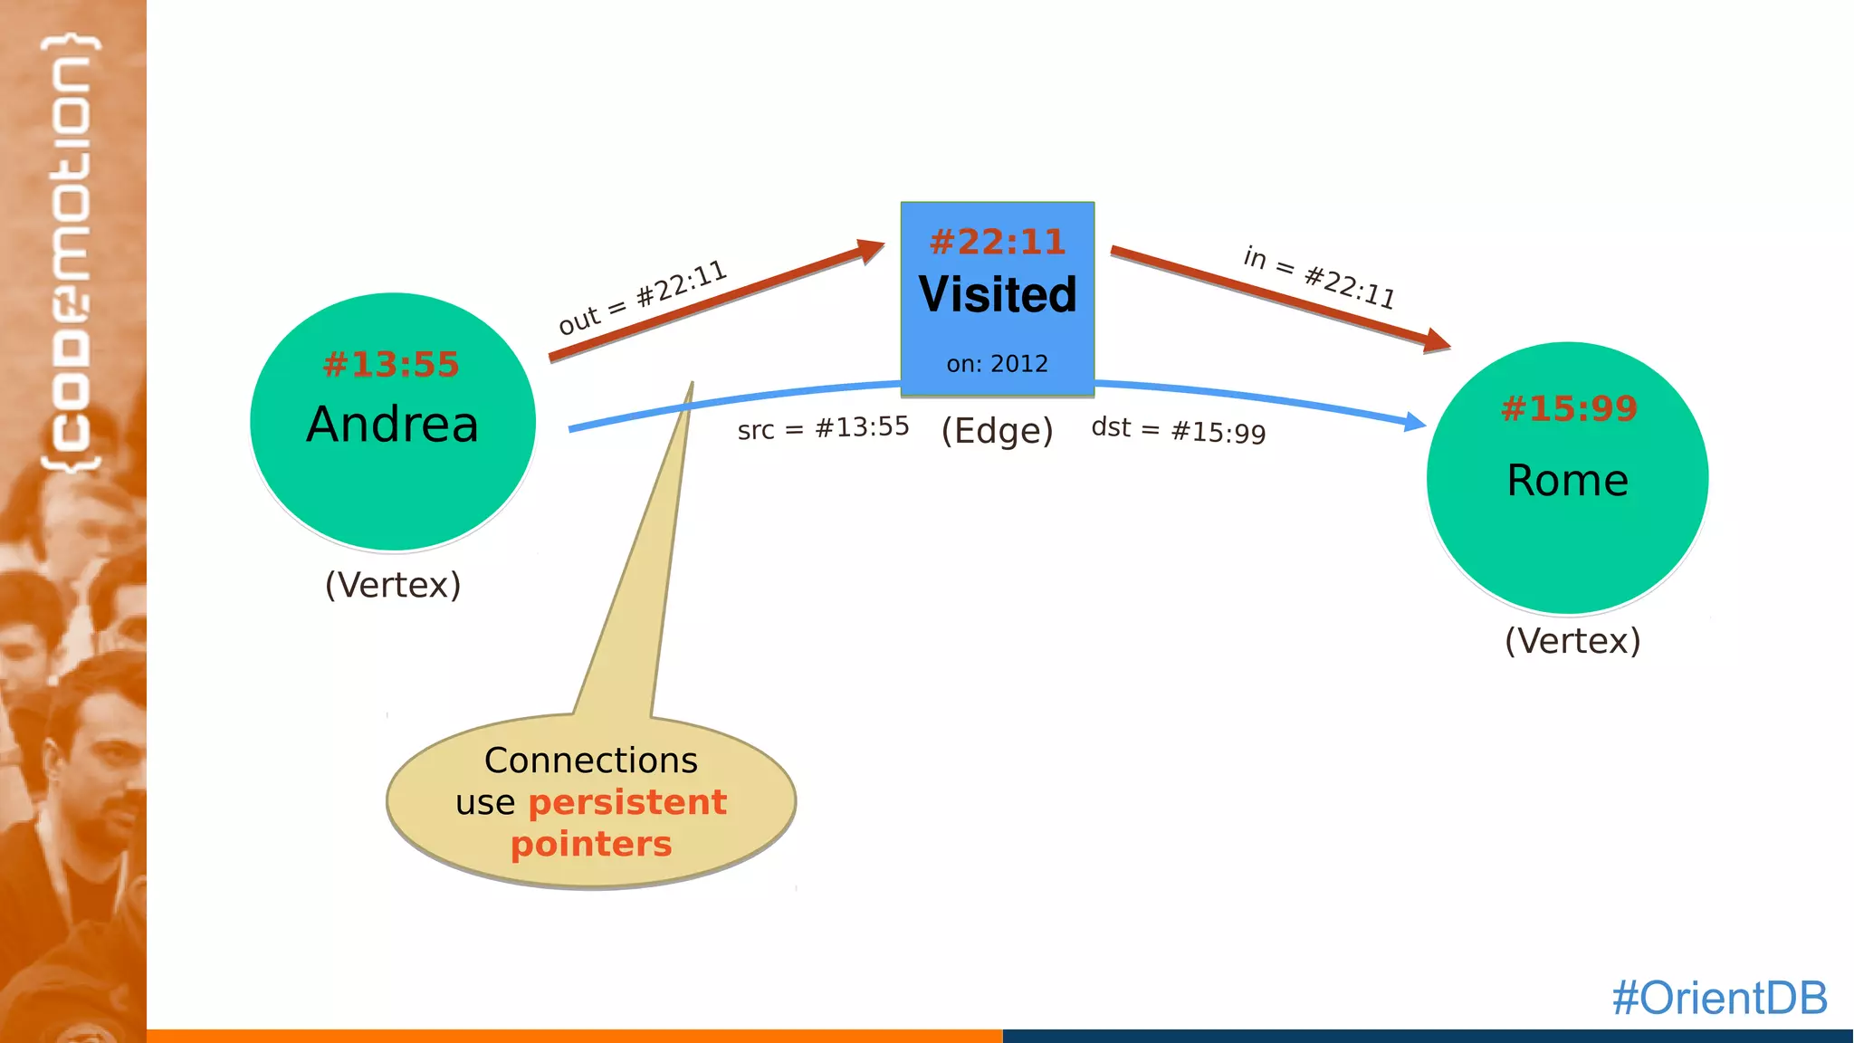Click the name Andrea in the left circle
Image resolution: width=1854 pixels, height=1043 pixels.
(x=392, y=425)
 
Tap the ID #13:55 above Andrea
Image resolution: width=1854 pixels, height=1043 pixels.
(x=391, y=364)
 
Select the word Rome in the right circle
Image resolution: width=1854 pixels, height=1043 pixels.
(x=1567, y=480)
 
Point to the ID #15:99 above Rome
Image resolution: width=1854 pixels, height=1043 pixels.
(x=1569, y=408)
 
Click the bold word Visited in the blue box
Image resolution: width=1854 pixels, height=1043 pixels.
(x=998, y=294)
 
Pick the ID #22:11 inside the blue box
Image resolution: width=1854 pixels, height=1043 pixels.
(x=998, y=242)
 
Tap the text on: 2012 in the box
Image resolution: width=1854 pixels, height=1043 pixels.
(x=997, y=364)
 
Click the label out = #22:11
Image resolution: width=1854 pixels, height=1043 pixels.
(x=642, y=297)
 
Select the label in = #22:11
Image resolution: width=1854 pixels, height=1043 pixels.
(x=1319, y=277)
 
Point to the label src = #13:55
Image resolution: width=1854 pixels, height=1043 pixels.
(x=823, y=427)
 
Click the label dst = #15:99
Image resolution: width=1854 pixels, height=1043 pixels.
(x=1178, y=429)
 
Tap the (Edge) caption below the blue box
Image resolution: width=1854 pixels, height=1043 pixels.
(x=997, y=431)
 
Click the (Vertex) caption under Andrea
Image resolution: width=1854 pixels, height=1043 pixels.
(x=393, y=585)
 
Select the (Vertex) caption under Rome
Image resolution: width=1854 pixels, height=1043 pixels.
(x=1572, y=641)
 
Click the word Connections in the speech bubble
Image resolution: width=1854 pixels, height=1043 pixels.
(x=590, y=761)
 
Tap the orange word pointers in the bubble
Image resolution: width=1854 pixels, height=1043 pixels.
(x=590, y=844)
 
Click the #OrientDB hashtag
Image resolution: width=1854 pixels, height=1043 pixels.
(x=1719, y=998)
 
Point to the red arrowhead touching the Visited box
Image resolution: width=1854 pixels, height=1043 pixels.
(x=871, y=249)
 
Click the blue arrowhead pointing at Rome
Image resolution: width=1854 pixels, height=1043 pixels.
(x=1413, y=422)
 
